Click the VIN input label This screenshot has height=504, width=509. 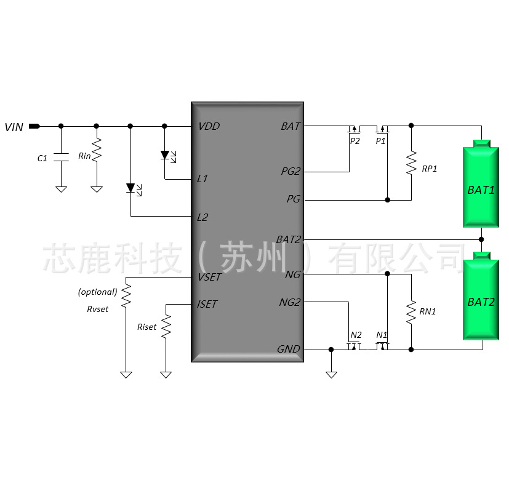[14, 127]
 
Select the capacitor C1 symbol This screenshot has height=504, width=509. [61, 157]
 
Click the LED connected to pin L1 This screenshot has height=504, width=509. [165, 155]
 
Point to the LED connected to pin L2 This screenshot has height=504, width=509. [130, 187]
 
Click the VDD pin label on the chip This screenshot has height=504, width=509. [209, 127]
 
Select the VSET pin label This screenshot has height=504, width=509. [209, 278]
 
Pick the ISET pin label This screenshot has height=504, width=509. [207, 304]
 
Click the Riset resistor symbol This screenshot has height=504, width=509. [166, 326]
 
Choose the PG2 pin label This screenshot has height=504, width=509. [291, 172]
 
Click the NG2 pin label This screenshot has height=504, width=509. [289, 303]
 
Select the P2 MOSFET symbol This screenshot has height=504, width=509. [353, 129]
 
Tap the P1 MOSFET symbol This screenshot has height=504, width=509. [382, 129]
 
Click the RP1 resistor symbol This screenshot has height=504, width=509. [411, 164]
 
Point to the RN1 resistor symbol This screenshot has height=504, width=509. [411, 312]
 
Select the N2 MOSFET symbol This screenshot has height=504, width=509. [354, 346]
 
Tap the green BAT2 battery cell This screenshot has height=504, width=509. [481, 300]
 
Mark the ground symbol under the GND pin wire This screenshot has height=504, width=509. [331, 373]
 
